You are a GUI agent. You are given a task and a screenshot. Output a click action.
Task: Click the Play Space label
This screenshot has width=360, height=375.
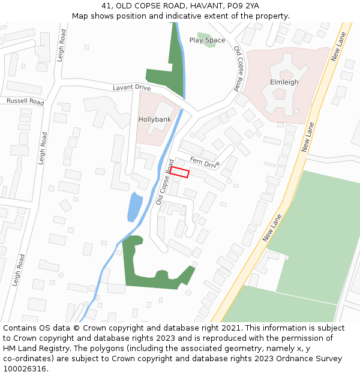pyautogui.click(x=207, y=40)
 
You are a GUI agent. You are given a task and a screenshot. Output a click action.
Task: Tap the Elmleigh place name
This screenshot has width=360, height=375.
pyautogui.click(x=284, y=82)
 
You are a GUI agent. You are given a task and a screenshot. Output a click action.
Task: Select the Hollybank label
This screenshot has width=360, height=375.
pyautogui.click(x=155, y=119)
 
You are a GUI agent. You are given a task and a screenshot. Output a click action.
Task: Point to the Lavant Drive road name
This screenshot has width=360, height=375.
pyautogui.click(x=131, y=88)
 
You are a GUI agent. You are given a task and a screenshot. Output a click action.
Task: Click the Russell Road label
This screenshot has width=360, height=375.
pyautogui.click(x=25, y=101)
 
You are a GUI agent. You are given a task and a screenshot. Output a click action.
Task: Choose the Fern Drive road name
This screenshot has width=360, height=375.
pyautogui.click(x=205, y=162)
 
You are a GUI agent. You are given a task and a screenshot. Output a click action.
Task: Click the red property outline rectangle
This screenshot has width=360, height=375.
pyautogui.click(x=179, y=173)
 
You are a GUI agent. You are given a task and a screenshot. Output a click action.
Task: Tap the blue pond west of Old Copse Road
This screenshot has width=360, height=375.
pyautogui.click(x=135, y=208)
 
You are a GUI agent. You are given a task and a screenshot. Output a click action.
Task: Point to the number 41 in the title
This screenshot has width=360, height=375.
pyautogui.click(x=106, y=5)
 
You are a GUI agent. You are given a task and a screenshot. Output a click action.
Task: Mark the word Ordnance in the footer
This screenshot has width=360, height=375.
pyautogui.click(x=289, y=359)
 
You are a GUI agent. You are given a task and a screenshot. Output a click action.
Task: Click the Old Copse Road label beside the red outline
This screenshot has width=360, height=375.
pyautogui.click(x=165, y=182)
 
